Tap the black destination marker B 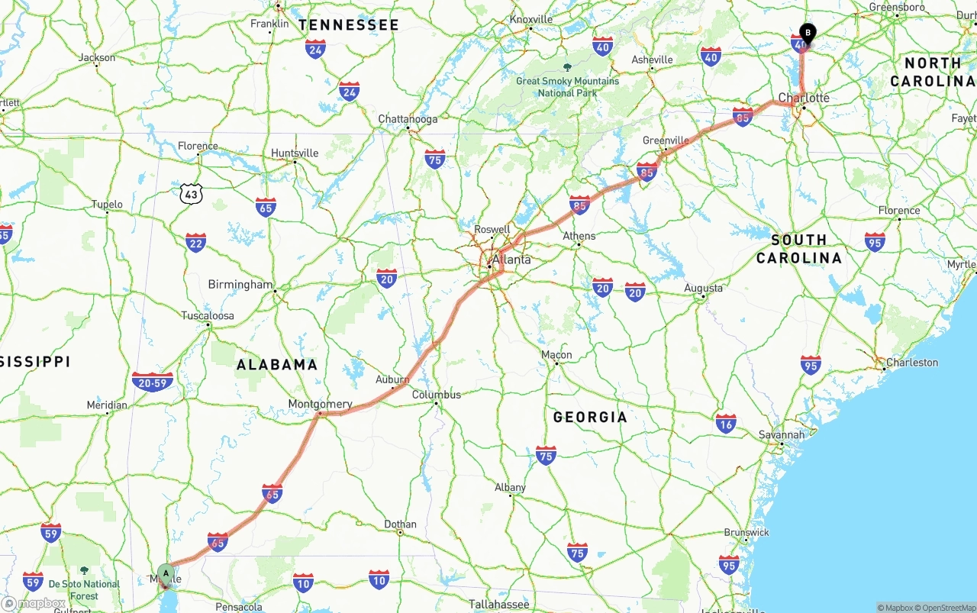tap(808, 34)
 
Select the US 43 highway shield tap(191, 194)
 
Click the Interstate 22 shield tap(195, 243)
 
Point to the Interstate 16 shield tap(726, 424)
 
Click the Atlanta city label tap(511, 260)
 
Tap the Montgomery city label tap(321, 404)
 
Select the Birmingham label tap(240, 285)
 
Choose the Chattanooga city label tap(408, 119)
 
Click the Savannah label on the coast tap(782, 435)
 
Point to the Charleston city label tap(912, 363)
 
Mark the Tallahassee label tap(499, 604)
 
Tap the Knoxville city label tap(531, 19)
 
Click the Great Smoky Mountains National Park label tap(567, 86)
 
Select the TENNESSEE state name tap(349, 25)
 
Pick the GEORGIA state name tap(590, 417)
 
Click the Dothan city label tap(401, 524)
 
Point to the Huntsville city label tap(295, 153)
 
